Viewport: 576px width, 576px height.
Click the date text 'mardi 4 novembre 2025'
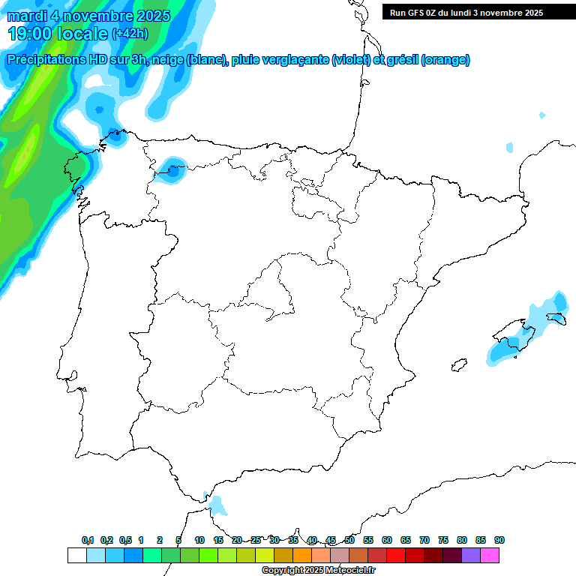pos(88,16)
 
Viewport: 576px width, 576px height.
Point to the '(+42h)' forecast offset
pos(130,34)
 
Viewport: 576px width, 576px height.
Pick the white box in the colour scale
pos(76,556)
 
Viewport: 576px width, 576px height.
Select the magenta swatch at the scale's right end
pos(490,556)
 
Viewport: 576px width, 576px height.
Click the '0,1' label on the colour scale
pos(88,540)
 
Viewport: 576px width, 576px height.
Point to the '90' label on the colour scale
pos(499,540)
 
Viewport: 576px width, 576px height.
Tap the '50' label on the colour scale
pos(349,540)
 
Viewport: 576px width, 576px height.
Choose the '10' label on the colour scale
pos(199,540)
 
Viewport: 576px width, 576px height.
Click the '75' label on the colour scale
pos(443,540)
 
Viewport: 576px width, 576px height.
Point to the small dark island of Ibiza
pos(456,365)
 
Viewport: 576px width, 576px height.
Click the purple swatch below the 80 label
pos(470,556)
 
